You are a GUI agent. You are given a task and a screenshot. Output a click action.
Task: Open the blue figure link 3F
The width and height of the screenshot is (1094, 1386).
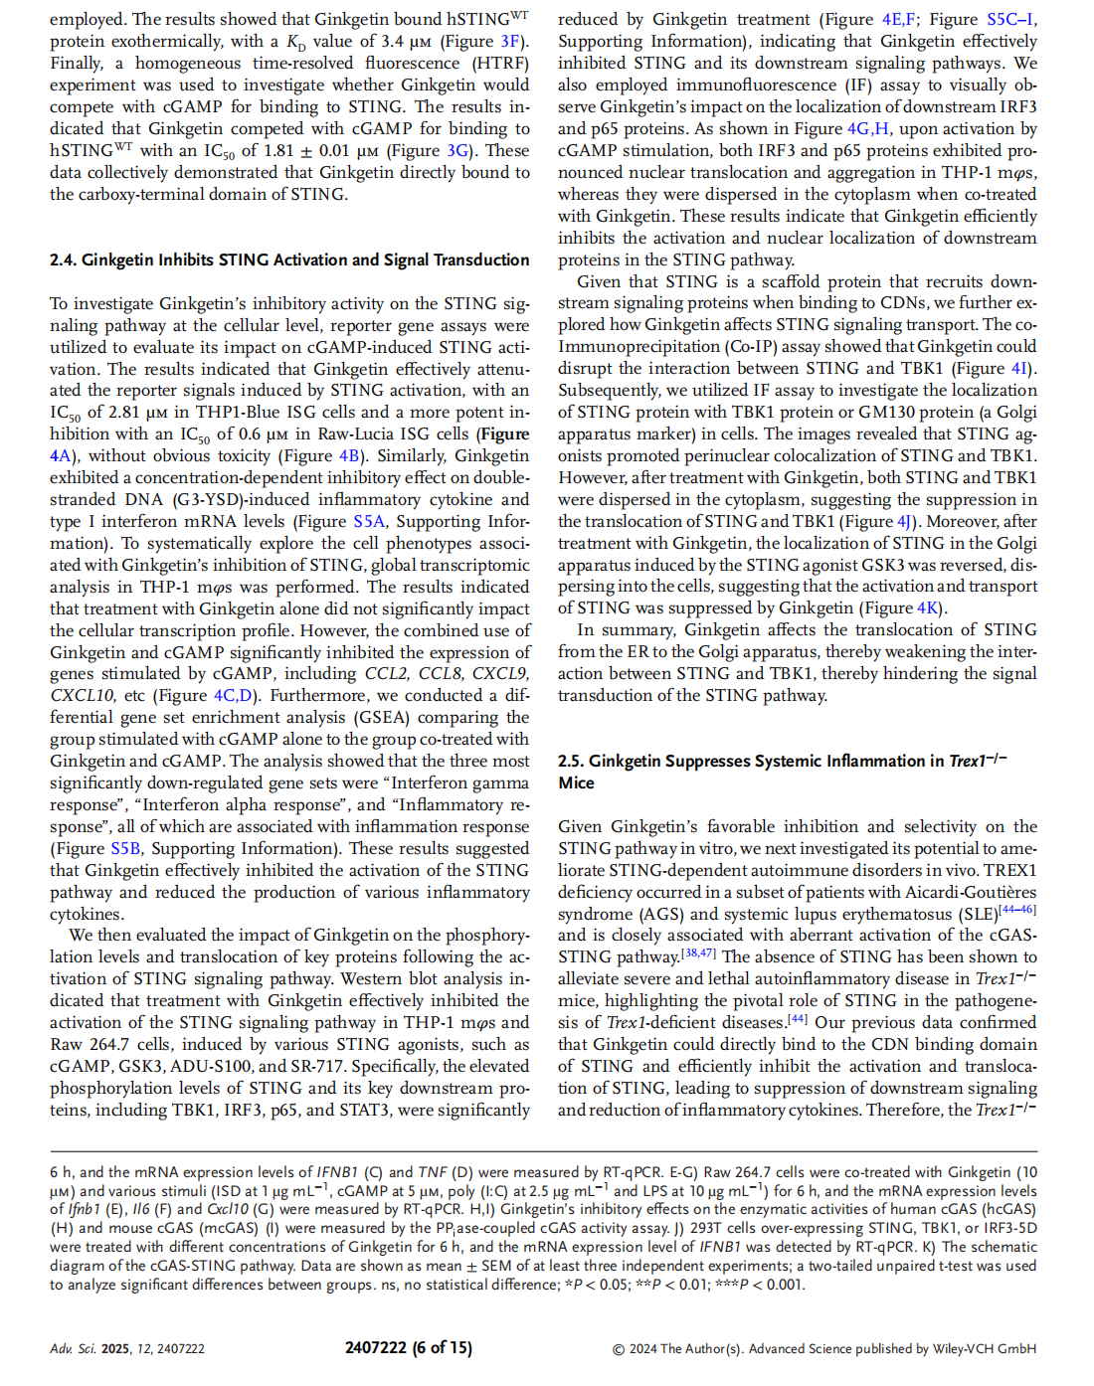[510, 42]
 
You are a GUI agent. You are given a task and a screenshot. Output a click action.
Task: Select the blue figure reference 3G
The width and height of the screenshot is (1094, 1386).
[457, 151]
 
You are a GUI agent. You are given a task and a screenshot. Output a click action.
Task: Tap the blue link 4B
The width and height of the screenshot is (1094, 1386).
[349, 456]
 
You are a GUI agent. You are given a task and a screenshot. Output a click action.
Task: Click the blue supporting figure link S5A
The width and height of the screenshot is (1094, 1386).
[369, 522]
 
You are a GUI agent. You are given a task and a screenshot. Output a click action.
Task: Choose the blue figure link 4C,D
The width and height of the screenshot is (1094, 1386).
[234, 696]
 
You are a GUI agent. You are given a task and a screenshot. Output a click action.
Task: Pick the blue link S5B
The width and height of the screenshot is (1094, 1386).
[125, 849]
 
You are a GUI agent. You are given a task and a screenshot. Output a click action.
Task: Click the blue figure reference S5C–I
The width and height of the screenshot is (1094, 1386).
[1011, 20]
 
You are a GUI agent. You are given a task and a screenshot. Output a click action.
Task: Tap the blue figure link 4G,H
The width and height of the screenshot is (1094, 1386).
[868, 129]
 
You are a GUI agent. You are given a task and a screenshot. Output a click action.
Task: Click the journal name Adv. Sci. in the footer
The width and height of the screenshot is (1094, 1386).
[73, 1349]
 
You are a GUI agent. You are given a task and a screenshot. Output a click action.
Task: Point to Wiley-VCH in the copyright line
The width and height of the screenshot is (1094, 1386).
[971, 1349]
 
